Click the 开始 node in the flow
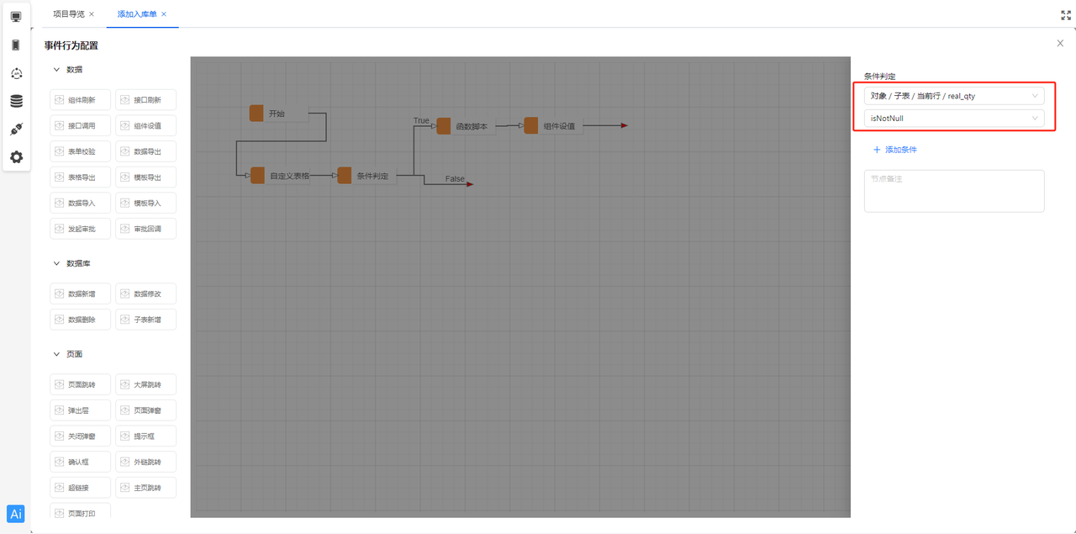pyautogui.click(x=277, y=114)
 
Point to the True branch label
pyautogui.click(x=421, y=121)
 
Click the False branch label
pyautogui.click(x=455, y=179)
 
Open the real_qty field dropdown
pyautogui.click(x=954, y=96)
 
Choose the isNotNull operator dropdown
pyautogui.click(x=954, y=119)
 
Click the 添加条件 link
pyautogui.click(x=895, y=150)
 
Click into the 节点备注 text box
pyautogui.click(x=954, y=191)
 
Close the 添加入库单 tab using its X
pyautogui.click(x=164, y=14)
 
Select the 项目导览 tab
pyautogui.click(x=68, y=14)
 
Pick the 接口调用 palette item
pyautogui.click(x=81, y=125)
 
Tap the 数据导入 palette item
pyautogui.click(x=81, y=203)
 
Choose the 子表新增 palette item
pyautogui.click(x=146, y=320)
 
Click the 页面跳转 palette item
pyautogui.click(x=81, y=385)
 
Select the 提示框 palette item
pyautogui.click(x=146, y=436)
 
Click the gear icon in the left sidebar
pyautogui.click(x=16, y=156)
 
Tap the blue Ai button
pyautogui.click(x=16, y=514)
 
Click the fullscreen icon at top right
pyautogui.click(x=1066, y=14)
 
